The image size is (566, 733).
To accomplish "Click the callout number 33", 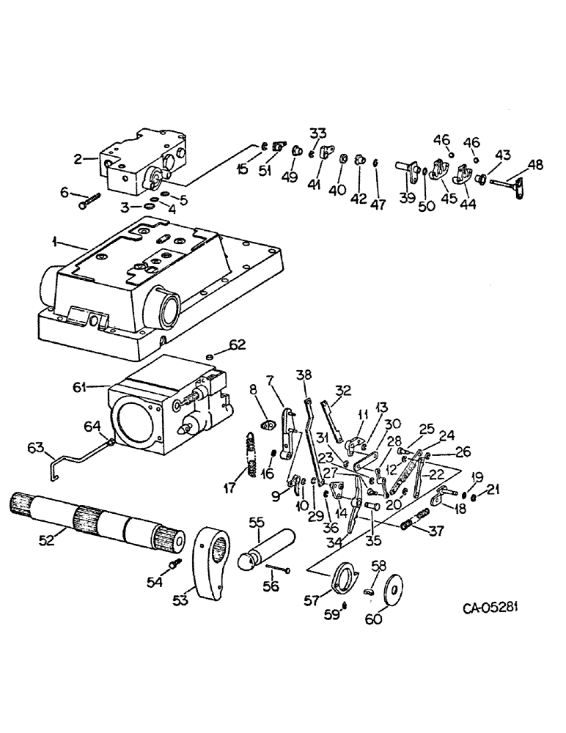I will pos(317,134).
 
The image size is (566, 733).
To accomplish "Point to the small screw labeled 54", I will pos(174,565).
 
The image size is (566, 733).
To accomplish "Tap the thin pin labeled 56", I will pos(277,568).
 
